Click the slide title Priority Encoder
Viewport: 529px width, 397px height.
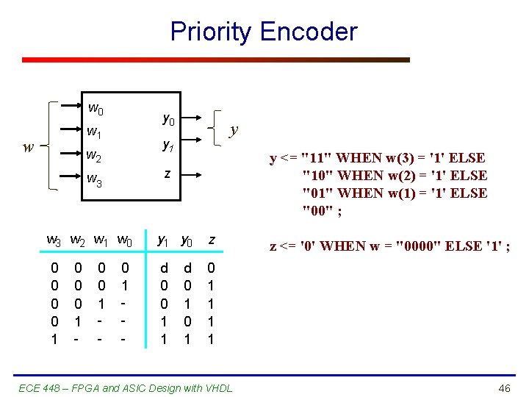[x=264, y=32]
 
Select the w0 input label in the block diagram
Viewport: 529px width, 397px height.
[x=96, y=110]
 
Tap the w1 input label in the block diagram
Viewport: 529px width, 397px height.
[x=94, y=134]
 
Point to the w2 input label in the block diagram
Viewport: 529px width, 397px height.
[x=94, y=156]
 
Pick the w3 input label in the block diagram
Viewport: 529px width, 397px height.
[x=94, y=179]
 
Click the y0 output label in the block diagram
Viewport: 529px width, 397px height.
[x=168, y=118]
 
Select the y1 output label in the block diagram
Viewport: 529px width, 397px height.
[x=168, y=145]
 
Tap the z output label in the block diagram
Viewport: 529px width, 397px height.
[x=168, y=174]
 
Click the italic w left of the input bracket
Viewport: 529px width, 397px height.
[x=28, y=146]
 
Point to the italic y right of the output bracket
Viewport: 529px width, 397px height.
[x=234, y=130]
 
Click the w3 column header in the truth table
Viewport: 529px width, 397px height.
[x=54, y=240]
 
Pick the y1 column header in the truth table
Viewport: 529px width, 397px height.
[x=163, y=240]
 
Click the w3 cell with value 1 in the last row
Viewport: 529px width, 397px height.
[x=53, y=340]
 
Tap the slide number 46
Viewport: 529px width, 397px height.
[x=504, y=387]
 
